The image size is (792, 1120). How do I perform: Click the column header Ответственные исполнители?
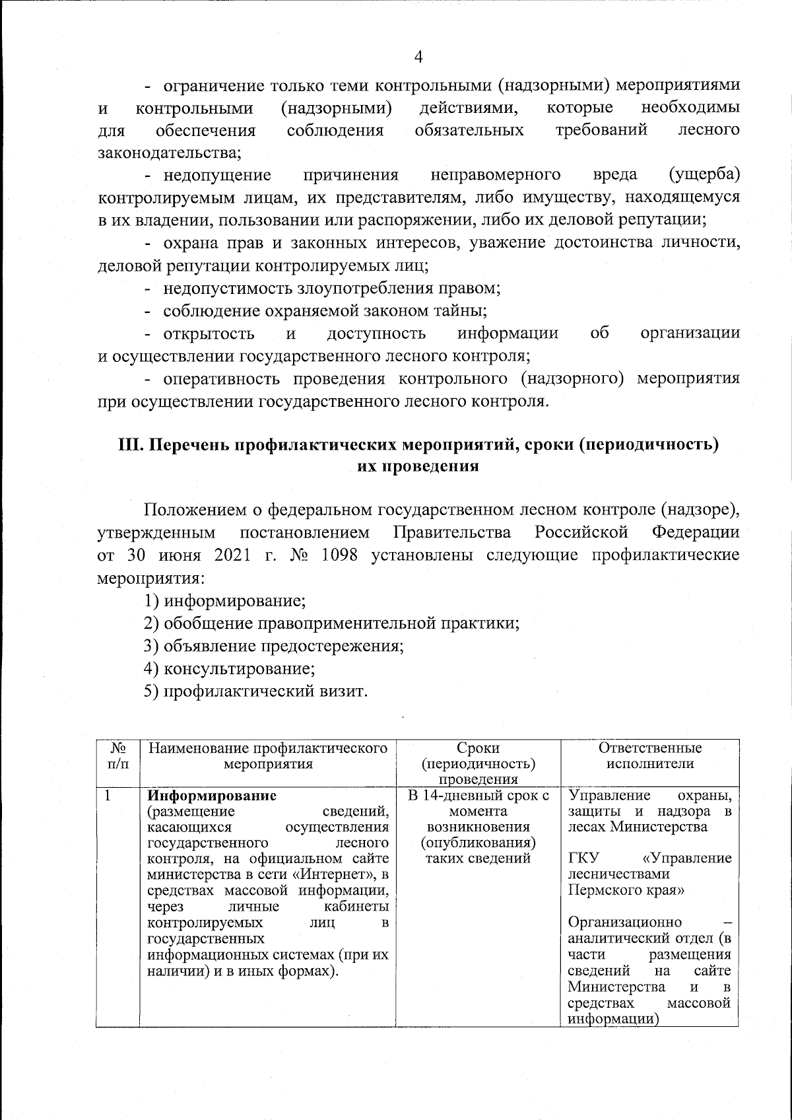(x=649, y=756)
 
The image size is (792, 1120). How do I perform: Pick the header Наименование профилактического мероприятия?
(x=267, y=756)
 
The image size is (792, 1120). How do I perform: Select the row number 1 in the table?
(x=106, y=795)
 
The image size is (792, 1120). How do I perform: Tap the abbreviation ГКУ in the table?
(x=583, y=858)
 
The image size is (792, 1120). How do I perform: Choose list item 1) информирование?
(x=224, y=602)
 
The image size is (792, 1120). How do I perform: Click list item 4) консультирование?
(x=230, y=669)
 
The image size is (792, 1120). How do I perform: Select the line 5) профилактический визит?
(x=255, y=692)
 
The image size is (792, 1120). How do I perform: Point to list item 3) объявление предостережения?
(x=274, y=647)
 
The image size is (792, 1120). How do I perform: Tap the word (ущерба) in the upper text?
(x=704, y=175)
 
